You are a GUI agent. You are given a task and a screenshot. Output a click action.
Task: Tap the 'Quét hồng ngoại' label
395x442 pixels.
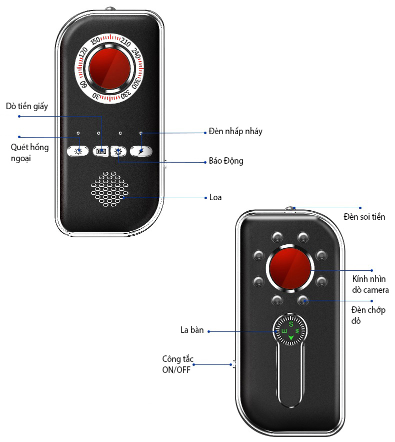pos(30,153)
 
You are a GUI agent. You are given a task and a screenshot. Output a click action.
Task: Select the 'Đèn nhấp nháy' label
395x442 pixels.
pos(235,132)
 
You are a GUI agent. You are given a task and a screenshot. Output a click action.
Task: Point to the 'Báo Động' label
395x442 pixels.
pos(226,162)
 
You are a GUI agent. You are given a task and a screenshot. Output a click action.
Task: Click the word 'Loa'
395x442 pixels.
pos(215,197)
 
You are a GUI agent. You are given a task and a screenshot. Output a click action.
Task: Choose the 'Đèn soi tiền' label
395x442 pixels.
pos(364,217)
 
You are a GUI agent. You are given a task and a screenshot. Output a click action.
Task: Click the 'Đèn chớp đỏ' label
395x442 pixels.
pos(368,315)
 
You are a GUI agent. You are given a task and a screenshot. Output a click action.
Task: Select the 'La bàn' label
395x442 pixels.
pos(192,330)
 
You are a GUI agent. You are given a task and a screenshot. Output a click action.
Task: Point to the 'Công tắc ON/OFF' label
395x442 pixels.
pos(177,365)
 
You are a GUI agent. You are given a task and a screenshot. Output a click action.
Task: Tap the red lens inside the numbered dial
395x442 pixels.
pos(110,68)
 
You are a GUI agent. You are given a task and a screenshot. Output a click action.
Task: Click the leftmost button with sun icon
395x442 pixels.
pos(77,151)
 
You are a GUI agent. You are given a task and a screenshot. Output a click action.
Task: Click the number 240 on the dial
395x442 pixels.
pos(138,54)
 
